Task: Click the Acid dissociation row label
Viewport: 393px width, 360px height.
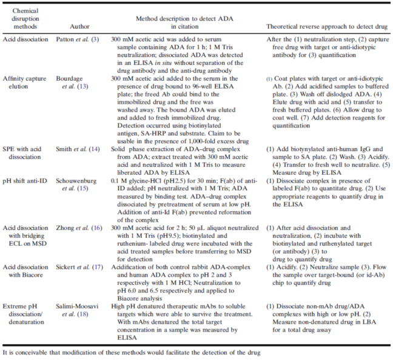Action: click(x=24, y=38)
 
